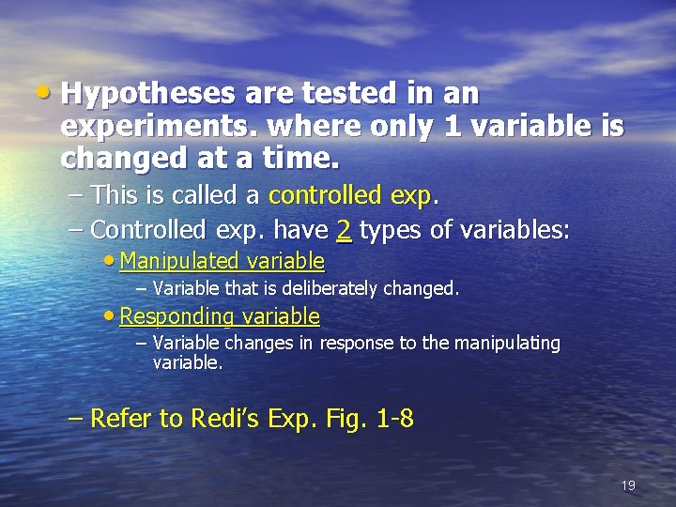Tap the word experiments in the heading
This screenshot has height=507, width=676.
coord(156,127)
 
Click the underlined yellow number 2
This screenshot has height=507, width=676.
coord(344,229)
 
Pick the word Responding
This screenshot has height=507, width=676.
coord(177,316)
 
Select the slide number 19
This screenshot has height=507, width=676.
coord(628,485)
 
